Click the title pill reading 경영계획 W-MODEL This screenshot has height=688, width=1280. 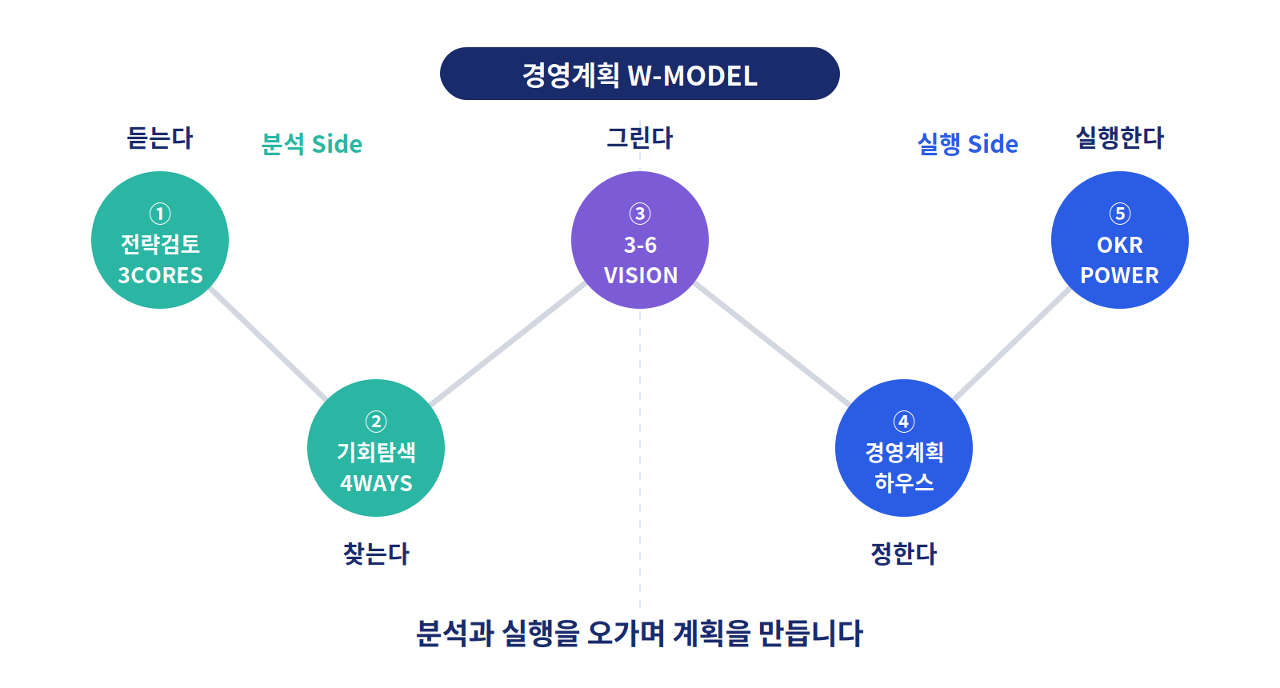639,74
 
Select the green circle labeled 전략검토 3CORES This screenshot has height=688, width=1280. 160,240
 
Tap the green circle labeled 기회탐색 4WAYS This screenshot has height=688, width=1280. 376,448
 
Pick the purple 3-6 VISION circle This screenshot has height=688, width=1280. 640,240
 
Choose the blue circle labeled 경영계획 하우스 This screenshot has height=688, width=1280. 904,448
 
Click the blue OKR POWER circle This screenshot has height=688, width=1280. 1120,240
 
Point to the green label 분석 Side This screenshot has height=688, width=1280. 311,144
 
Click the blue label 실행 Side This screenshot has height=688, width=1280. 967,144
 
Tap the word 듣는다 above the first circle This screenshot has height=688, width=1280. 160,138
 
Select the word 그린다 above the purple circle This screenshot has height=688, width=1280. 640,138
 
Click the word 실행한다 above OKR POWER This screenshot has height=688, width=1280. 1120,138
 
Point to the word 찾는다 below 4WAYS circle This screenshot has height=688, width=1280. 376,554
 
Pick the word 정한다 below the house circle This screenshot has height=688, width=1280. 904,554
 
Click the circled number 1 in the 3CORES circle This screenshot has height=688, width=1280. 160,214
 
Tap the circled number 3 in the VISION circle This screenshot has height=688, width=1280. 640,214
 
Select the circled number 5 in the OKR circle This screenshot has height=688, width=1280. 1120,214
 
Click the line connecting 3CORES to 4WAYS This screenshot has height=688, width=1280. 268,344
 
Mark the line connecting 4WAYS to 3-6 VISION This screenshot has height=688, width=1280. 508,344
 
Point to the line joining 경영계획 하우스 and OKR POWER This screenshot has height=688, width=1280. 1012,344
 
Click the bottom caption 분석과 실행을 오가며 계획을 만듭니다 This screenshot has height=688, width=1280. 639,633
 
